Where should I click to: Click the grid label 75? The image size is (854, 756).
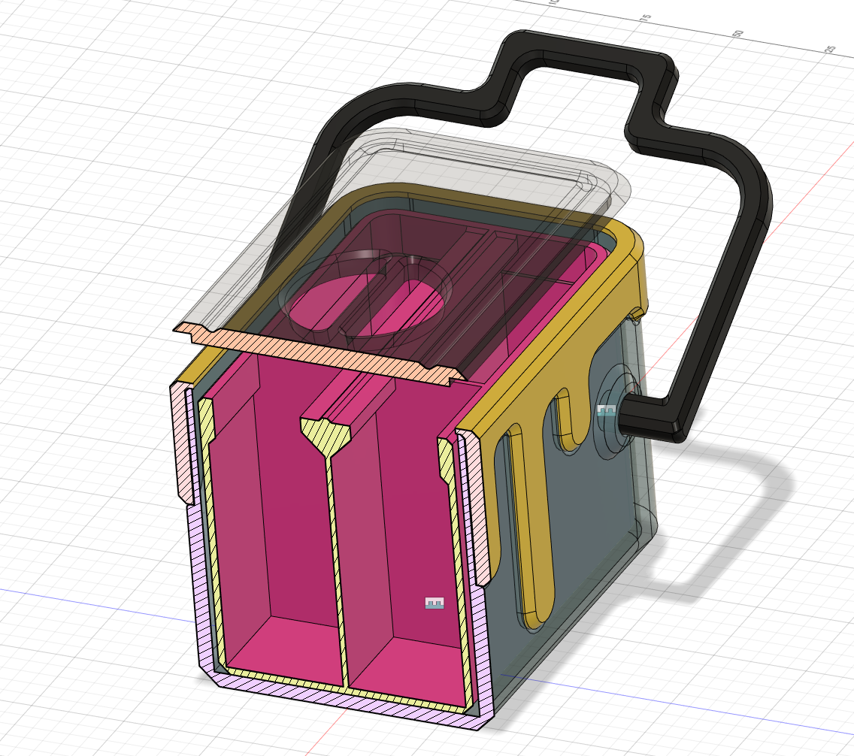644,17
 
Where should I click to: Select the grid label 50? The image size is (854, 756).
737,33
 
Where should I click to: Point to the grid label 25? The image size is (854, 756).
831,49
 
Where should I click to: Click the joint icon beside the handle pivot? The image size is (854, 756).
606,410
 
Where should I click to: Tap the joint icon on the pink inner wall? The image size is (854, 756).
435,603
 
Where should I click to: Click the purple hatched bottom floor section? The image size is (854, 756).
338,703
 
